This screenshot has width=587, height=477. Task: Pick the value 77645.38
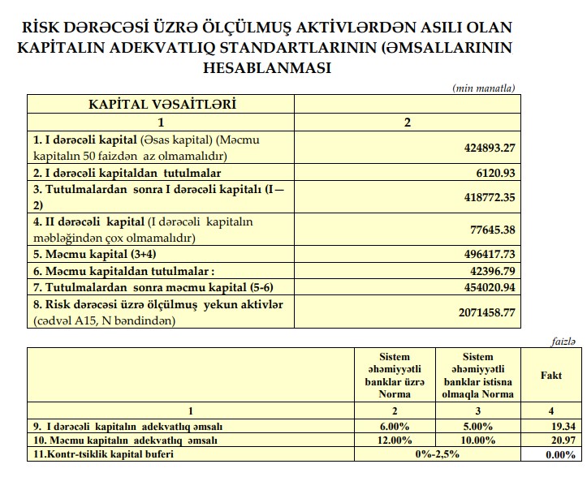[x=490, y=230]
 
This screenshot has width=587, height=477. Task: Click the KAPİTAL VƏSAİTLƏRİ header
[x=161, y=105]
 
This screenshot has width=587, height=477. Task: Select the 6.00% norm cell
[x=395, y=426]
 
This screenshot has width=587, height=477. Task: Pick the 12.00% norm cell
[x=395, y=440]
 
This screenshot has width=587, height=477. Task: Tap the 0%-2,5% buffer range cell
[x=436, y=453]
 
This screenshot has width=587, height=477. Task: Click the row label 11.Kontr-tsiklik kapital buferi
[x=106, y=453]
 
